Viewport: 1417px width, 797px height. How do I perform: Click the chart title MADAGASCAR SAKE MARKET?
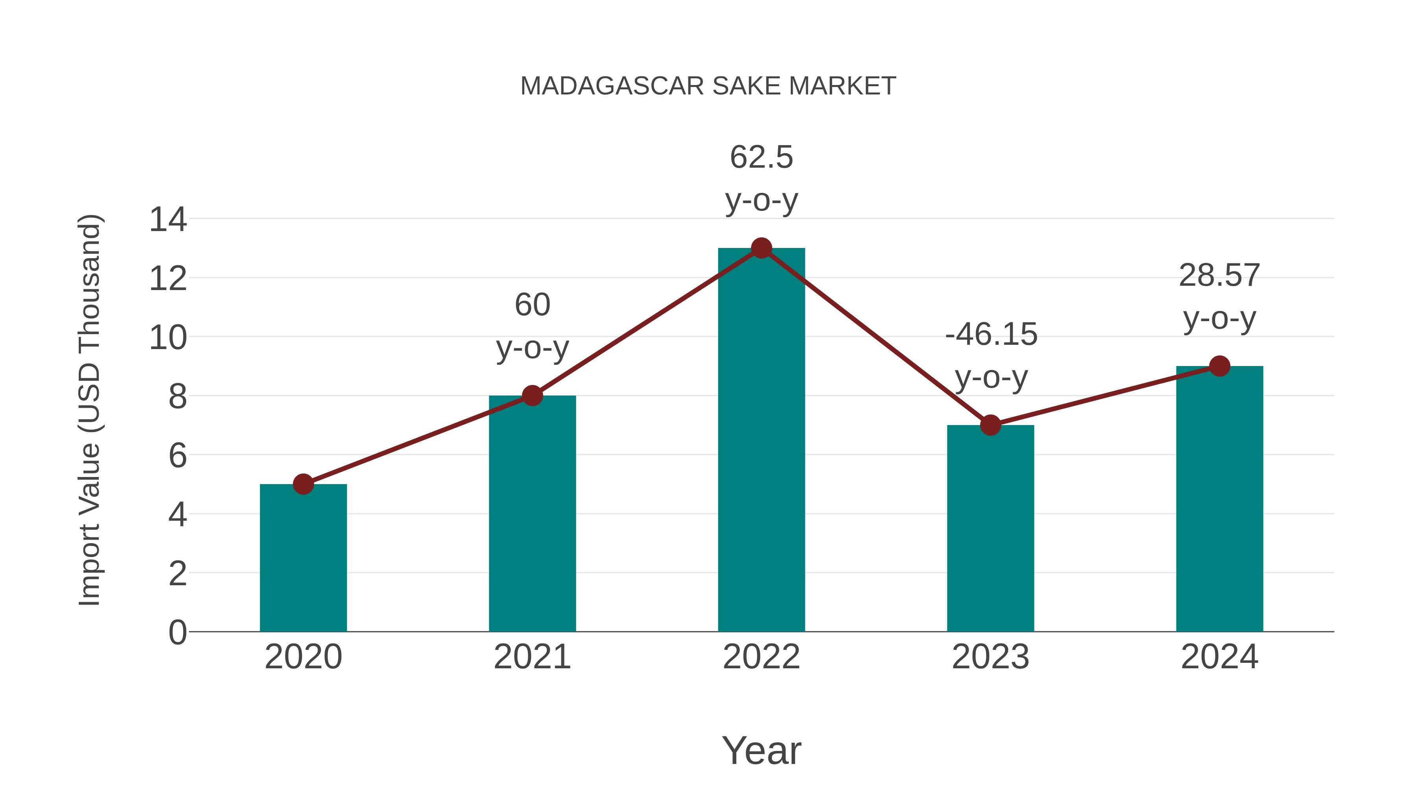point(708,86)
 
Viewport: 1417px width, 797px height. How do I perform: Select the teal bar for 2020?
point(303,558)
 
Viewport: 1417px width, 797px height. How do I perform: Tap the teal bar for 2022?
point(761,440)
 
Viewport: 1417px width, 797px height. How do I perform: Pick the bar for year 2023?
point(990,528)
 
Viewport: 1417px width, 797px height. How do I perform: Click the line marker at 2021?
point(532,396)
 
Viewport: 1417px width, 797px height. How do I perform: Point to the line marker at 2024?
point(1219,366)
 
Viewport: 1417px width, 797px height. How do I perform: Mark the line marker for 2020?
point(303,484)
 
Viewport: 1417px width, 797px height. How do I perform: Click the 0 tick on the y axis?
point(177,632)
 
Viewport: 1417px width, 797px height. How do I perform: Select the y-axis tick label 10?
point(168,337)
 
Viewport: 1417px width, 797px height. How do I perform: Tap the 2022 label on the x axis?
point(761,657)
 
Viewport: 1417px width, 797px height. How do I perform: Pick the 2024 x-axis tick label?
point(1219,657)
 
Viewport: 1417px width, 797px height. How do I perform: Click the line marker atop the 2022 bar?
point(761,248)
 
